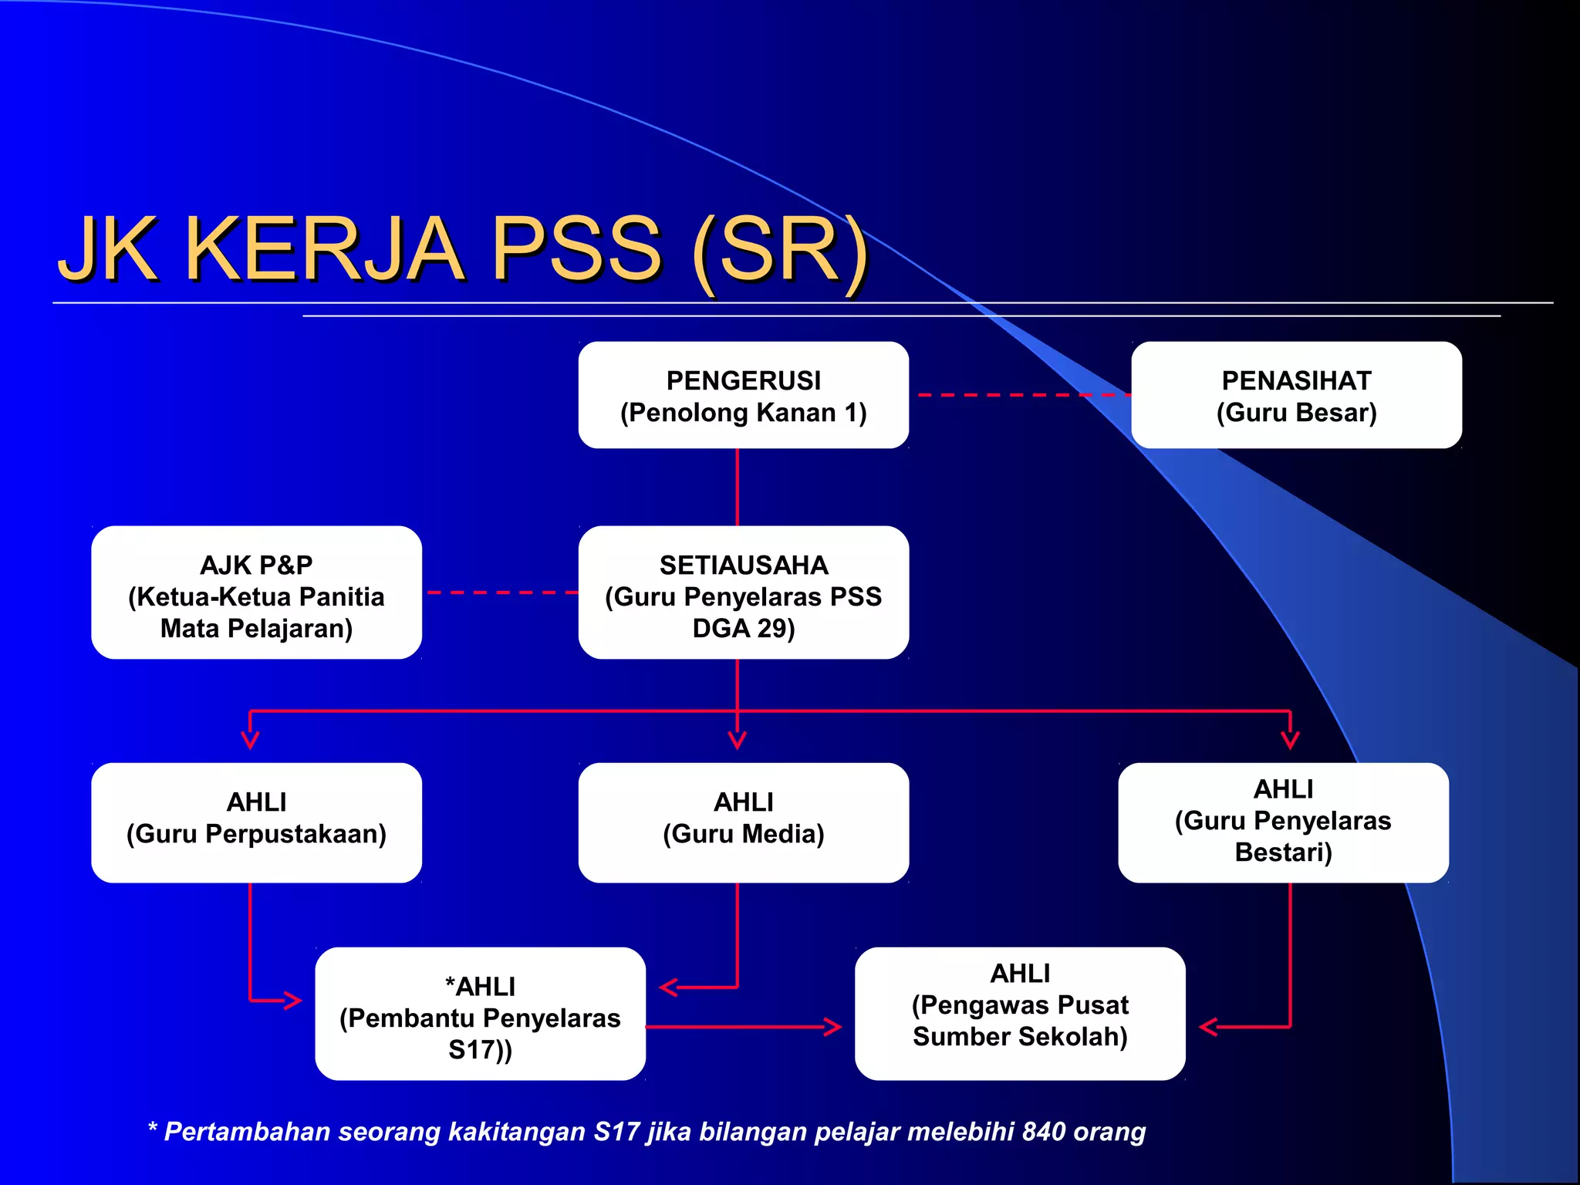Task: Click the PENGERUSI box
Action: [743, 395]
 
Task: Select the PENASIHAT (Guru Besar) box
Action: [1296, 395]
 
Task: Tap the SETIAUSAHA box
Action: [743, 592]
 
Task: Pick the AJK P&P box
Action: [256, 592]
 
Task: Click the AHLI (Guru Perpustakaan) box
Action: [256, 822]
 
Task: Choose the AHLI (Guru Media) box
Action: [743, 822]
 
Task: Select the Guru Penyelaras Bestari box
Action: [1283, 822]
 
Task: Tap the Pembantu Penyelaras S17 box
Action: [480, 1014]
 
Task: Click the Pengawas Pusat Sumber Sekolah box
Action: [1020, 1014]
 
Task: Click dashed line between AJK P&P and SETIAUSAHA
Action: [501, 592]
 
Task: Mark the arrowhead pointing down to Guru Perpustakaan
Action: [250, 739]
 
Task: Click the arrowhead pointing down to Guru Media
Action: [738, 739]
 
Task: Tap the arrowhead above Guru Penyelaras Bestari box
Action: [1290, 739]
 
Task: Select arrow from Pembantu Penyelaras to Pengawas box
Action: [741, 1027]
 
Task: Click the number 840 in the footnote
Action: [1043, 1132]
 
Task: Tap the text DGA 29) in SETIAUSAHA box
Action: [743, 629]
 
